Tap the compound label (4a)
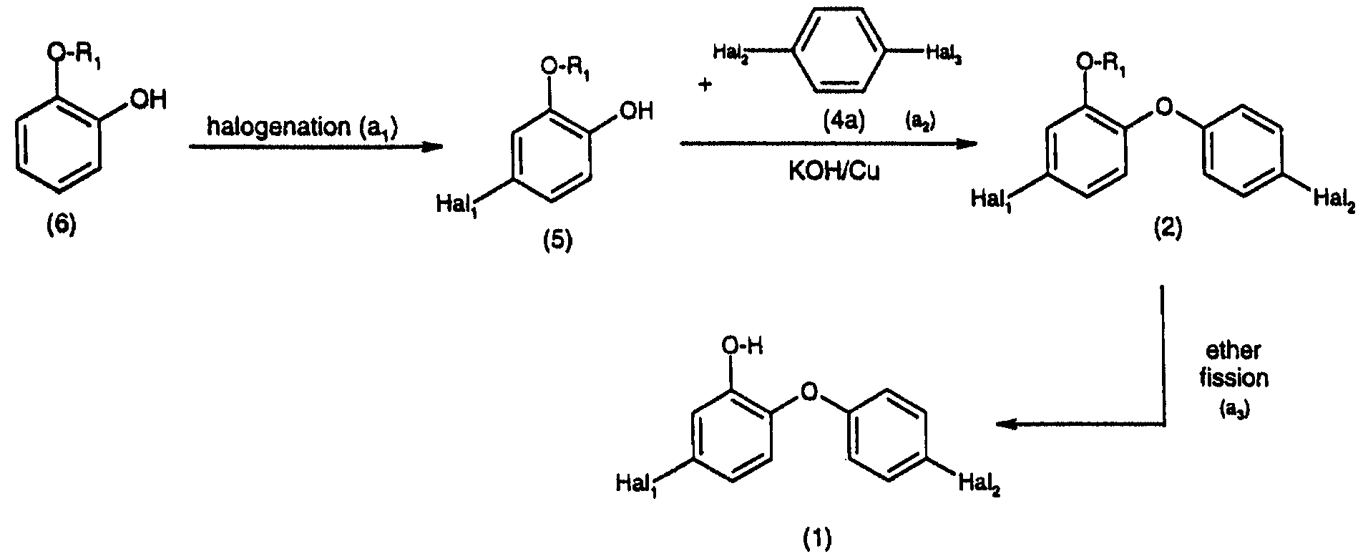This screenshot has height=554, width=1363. pos(844,122)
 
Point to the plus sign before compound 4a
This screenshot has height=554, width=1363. pos(706,85)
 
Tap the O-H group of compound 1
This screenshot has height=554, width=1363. pos(742,347)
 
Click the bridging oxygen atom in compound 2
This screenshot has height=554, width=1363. pos(1164,108)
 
